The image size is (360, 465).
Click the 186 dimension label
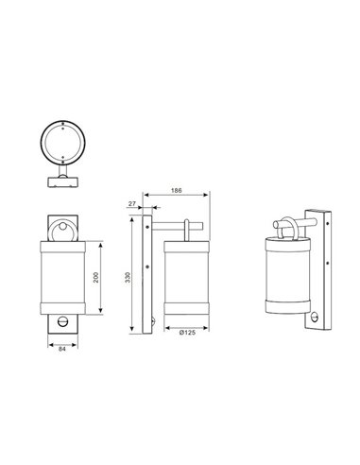coord(177,191)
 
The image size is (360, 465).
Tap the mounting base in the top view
coord(63,175)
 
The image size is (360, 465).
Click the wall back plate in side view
coord(146,274)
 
